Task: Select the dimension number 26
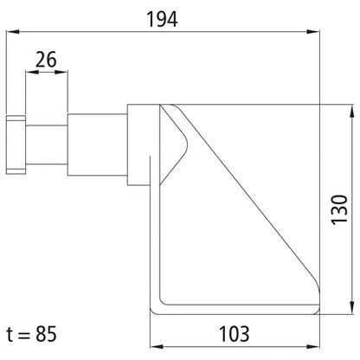tap(47, 60)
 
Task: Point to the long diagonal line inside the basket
tap(251, 216)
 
